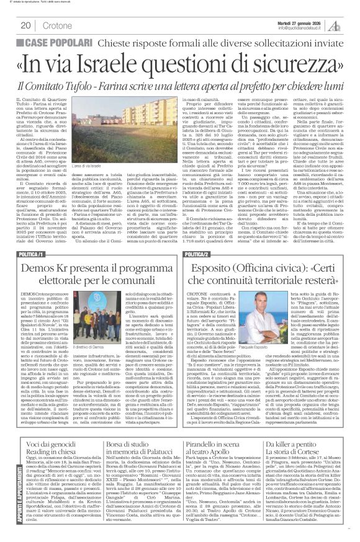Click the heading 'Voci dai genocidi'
coord(53,433)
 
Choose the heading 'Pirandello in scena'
coord(215,433)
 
